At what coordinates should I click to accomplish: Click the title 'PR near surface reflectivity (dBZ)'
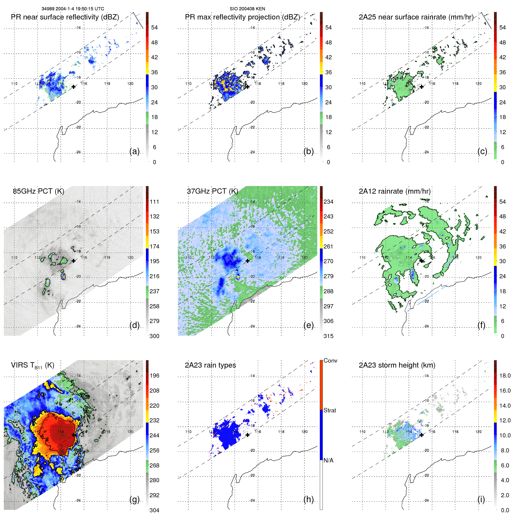tap(65, 17)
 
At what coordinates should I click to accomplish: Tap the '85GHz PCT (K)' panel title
tap(38, 191)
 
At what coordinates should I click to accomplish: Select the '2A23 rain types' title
tap(210, 365)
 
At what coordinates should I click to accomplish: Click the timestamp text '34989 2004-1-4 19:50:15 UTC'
tap(73, 9)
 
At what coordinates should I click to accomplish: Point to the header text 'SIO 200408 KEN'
tap(247, 9)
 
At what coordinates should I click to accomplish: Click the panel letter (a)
tap(134, 151)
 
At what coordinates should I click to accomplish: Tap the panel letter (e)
tap(308, 325)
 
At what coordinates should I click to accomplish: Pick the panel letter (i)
tap(481, 499)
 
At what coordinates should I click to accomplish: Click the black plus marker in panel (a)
tap(73, 87)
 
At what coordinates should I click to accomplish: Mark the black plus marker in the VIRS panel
tap(73, 435)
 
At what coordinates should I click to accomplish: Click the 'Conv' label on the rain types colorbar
tap(330, 360)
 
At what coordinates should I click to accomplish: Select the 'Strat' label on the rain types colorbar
tap(330, 410)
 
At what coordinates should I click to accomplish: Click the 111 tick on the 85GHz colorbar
tap(154, 202)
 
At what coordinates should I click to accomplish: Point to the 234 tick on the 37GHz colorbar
tap(328, 202)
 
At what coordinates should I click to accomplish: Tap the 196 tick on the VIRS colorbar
tap(154, 376)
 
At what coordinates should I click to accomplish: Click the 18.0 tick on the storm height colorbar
tap(505, 376)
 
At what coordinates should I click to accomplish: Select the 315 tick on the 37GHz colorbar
tap(328, 336)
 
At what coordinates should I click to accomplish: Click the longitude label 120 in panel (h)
tap(304, 432)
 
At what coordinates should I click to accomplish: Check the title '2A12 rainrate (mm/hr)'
tap(394, 191)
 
